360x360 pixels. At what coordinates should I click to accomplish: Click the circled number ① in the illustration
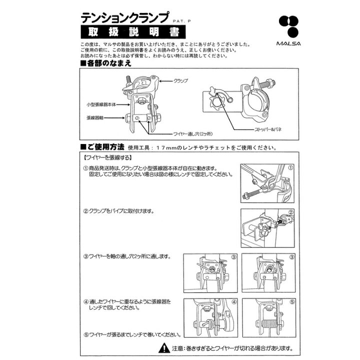290,167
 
